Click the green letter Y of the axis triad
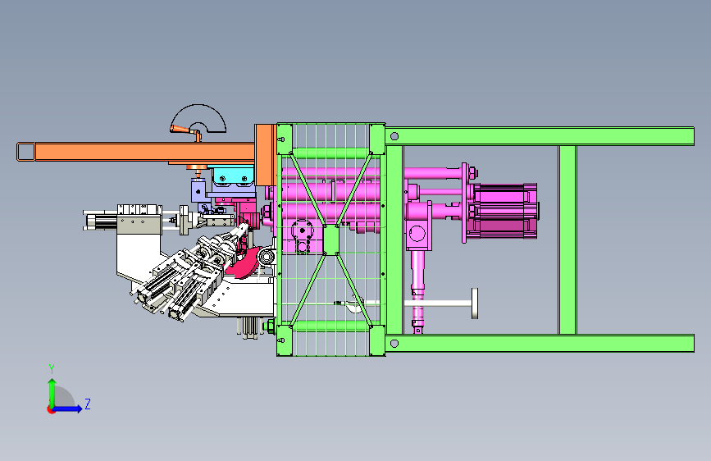point(52,369)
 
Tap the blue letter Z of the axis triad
point(88,404)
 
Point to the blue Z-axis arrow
point(66,409)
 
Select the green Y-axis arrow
point(52,394)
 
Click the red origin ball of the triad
point(51,409)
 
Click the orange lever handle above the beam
point(185,131)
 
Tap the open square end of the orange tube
point(26,152)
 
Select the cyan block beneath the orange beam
point(233,176)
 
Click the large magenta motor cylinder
point(504,211)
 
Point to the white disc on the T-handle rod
point(475,304)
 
